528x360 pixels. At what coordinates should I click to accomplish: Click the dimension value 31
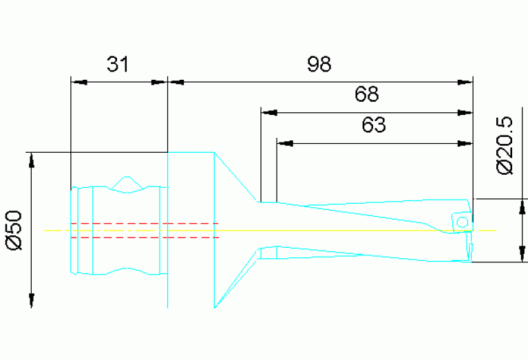[118, 64]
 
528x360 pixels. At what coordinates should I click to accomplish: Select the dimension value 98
[319, 64]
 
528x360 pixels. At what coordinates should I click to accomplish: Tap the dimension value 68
[367, 94]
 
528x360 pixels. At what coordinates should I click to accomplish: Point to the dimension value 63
[374, 125]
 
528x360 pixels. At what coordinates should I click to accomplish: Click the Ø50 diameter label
[15, 231]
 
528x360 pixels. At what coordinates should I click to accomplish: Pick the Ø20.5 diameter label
[505, 145]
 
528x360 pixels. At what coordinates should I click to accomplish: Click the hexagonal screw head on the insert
[463, 222]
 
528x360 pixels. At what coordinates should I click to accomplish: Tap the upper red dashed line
[145, 223]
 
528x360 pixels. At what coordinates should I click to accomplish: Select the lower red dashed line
[145, 237]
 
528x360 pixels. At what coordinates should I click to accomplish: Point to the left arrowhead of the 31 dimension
[80, 82]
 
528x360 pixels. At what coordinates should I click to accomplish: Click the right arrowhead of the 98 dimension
[465, 82]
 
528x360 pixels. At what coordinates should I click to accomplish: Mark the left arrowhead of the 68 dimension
[269, 113]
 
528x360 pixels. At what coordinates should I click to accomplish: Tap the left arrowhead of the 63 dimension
[285, 143]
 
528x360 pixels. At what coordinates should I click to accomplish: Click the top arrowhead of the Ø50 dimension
[31, 160]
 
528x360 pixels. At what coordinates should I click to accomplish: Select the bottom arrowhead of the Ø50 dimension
[31, 300]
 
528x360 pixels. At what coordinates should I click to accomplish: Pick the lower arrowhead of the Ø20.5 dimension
[522, 254]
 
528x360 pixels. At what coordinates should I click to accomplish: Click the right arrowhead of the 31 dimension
[158, 82]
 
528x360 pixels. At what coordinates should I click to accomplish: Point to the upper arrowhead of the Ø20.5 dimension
[522, 207]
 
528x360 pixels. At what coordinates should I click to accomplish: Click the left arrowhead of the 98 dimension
[176, 82]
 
